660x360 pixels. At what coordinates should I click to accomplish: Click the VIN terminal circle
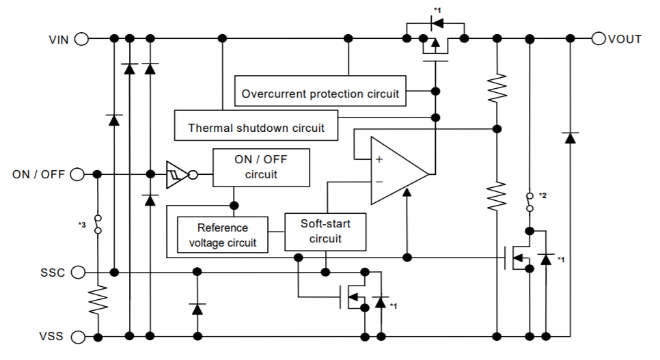pos(81,38)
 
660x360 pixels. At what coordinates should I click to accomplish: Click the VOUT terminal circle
pos(599,38)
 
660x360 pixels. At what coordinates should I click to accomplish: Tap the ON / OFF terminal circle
pos(77,174)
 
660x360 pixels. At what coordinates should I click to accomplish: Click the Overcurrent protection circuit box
pos(320,94)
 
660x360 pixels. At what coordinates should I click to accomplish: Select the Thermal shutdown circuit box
pos(256,127)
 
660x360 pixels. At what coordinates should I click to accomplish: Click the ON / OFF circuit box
pos(260,167)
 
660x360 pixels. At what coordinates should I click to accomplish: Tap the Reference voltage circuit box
pos(223,234)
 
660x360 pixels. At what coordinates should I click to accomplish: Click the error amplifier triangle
pos(397,171)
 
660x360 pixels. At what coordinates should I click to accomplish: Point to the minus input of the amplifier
pos(379,182)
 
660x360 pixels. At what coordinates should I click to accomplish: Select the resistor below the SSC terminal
pos(98,299)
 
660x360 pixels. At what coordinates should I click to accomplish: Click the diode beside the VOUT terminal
pos(569,137)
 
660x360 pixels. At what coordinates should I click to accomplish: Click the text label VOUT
pos(626,39)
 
